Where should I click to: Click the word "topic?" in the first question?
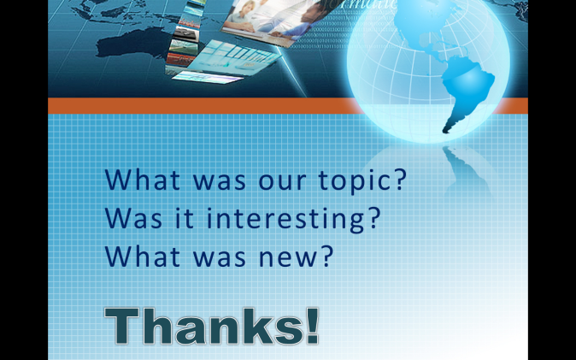pos(362,180)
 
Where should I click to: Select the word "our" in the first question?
pos(282,182)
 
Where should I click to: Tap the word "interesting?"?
pos(293,220)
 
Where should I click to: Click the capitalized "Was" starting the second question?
pos(133,218)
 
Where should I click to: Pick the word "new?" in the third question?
pos(296,256)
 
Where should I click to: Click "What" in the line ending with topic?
pos(143,180)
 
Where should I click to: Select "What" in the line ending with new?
pos(143,256)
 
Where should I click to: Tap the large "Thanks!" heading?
pos(212,326)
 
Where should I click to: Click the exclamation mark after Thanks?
pos(312,326)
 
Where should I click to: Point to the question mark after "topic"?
pos(401,180)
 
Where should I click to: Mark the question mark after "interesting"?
pos(374,218)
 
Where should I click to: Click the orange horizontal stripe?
pos(206,106)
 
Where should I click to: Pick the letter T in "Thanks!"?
pos(121,326)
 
